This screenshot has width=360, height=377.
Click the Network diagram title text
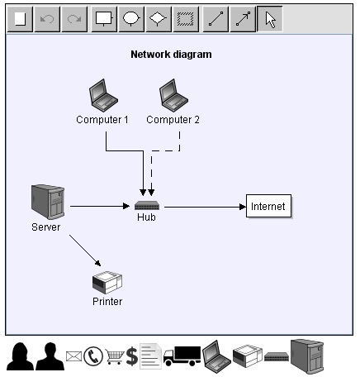(x=171, y=55)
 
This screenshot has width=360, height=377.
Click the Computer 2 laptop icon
(x=173, y=94)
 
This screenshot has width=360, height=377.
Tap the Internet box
(x=268, y=207)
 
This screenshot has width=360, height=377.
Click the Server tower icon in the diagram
(x=46, y=202)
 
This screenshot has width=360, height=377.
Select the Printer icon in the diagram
(x=107, y=283)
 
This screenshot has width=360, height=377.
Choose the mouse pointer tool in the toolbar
(x=270, y=19)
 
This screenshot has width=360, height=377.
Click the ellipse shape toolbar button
(x=131, y=19)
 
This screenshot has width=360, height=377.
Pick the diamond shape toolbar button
(x=159, y=19)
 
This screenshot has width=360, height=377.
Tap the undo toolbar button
(x=48, y=19)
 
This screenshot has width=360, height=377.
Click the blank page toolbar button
(x=21, y=19)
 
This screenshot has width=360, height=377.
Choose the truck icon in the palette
(x=182, y=356)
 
